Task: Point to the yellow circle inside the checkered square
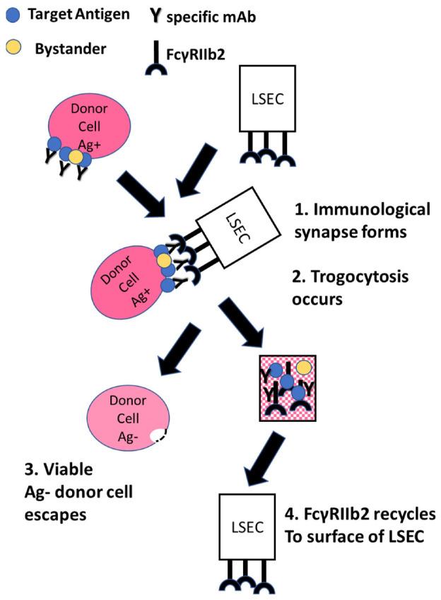pos(304,368)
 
